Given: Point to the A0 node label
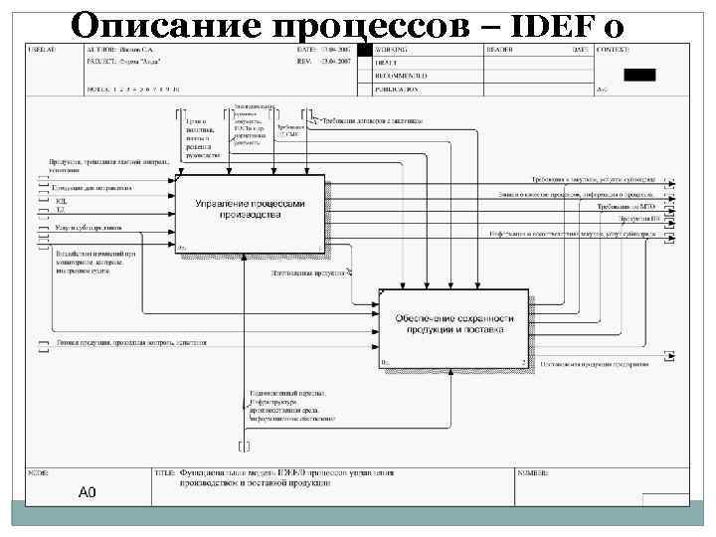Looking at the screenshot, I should tap(87, 492).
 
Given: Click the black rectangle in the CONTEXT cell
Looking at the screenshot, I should tap(639, 75).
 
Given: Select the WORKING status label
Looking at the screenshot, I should tap(391, 49).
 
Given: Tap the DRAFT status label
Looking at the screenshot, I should tap(387, 62).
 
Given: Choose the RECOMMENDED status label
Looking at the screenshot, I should tap(401, 76).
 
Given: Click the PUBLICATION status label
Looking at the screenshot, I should tap(398, 89).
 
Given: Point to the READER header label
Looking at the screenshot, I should tap(499, 49).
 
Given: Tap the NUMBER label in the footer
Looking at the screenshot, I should tap(537, 472).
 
